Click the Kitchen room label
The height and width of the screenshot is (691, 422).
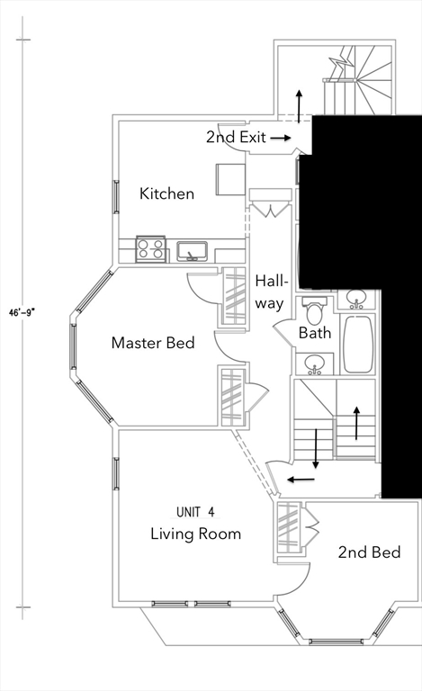[167, 193]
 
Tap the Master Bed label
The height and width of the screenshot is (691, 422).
[153, 343]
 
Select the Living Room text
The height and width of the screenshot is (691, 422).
[195, 534]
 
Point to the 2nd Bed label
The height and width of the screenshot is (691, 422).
[369, 552]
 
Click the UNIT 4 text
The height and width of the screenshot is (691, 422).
[195, 512]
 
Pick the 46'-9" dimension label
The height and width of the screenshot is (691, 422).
[22, 312]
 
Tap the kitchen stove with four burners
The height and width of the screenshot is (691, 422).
[150, 249]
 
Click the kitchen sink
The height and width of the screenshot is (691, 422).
[192, 251]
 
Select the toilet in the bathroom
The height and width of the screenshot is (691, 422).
[315, 310]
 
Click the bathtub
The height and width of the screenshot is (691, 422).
[358, 345]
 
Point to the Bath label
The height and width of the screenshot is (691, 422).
[315, 333]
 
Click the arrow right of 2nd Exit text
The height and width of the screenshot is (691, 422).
[281, 138]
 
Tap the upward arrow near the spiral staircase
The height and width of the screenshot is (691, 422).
[299, 106]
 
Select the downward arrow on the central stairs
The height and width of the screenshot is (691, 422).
[316, 449]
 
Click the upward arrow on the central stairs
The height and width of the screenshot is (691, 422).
[356, 423]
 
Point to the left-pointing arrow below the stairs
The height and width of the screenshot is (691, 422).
[301, 480]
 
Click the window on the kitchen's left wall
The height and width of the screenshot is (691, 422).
[116, 196]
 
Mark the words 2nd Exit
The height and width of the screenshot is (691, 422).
[236, 137]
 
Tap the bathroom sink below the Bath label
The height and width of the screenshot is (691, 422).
[315, 364]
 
